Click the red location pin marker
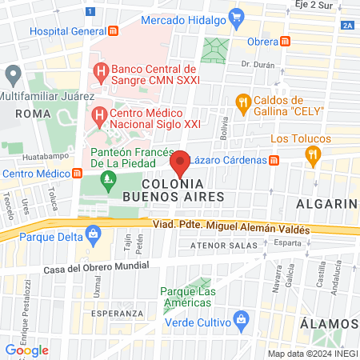181,163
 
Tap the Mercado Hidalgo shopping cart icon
235,15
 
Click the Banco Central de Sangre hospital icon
101,71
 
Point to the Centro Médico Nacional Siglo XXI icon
99,116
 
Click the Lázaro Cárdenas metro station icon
274,160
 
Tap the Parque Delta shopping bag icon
94,234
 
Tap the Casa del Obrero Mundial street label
96,267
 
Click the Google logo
26,350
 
